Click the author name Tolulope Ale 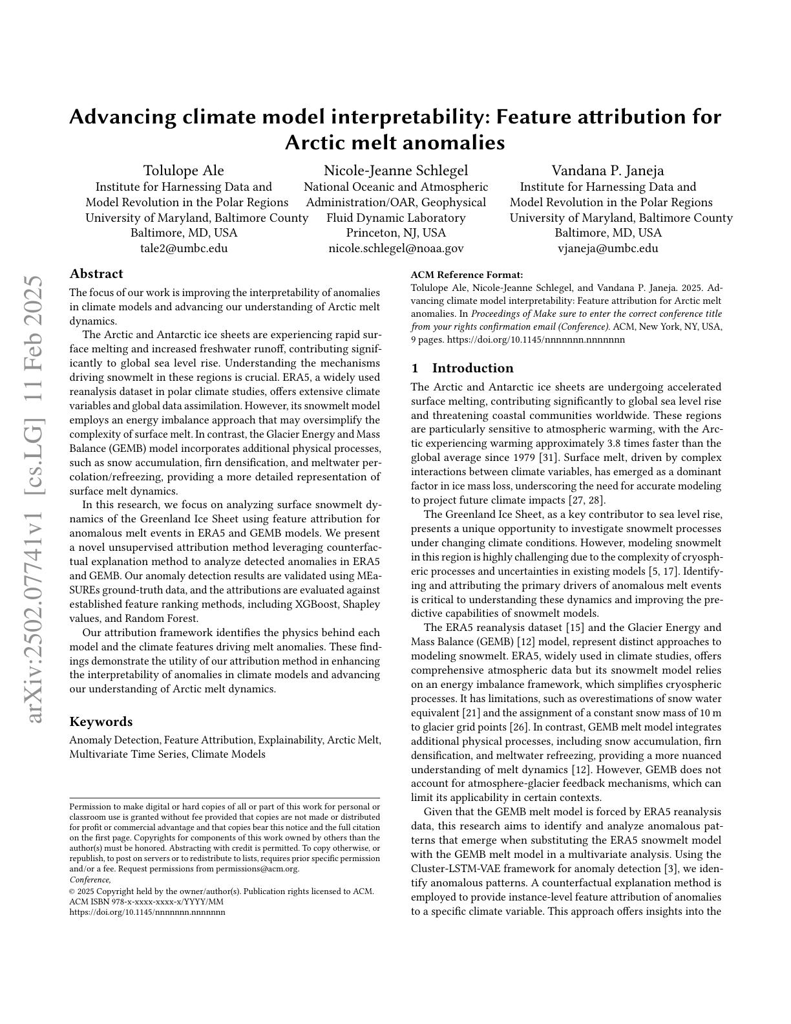click(184, 171)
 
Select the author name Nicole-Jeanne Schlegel click(395, 171)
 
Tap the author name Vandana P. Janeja click(607, 171)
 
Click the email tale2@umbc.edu click(184, 248)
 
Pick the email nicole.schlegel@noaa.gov click(395, 248)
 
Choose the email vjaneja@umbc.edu click(607, 248)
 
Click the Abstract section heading click(96, 273)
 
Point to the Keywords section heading click(101, 721)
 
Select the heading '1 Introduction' click(462, 368)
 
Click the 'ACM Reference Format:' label click(458, 275)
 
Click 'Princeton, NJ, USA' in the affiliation click(395, 233)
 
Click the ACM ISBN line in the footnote click(146, 902)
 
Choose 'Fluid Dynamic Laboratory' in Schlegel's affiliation click(395, 218)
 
